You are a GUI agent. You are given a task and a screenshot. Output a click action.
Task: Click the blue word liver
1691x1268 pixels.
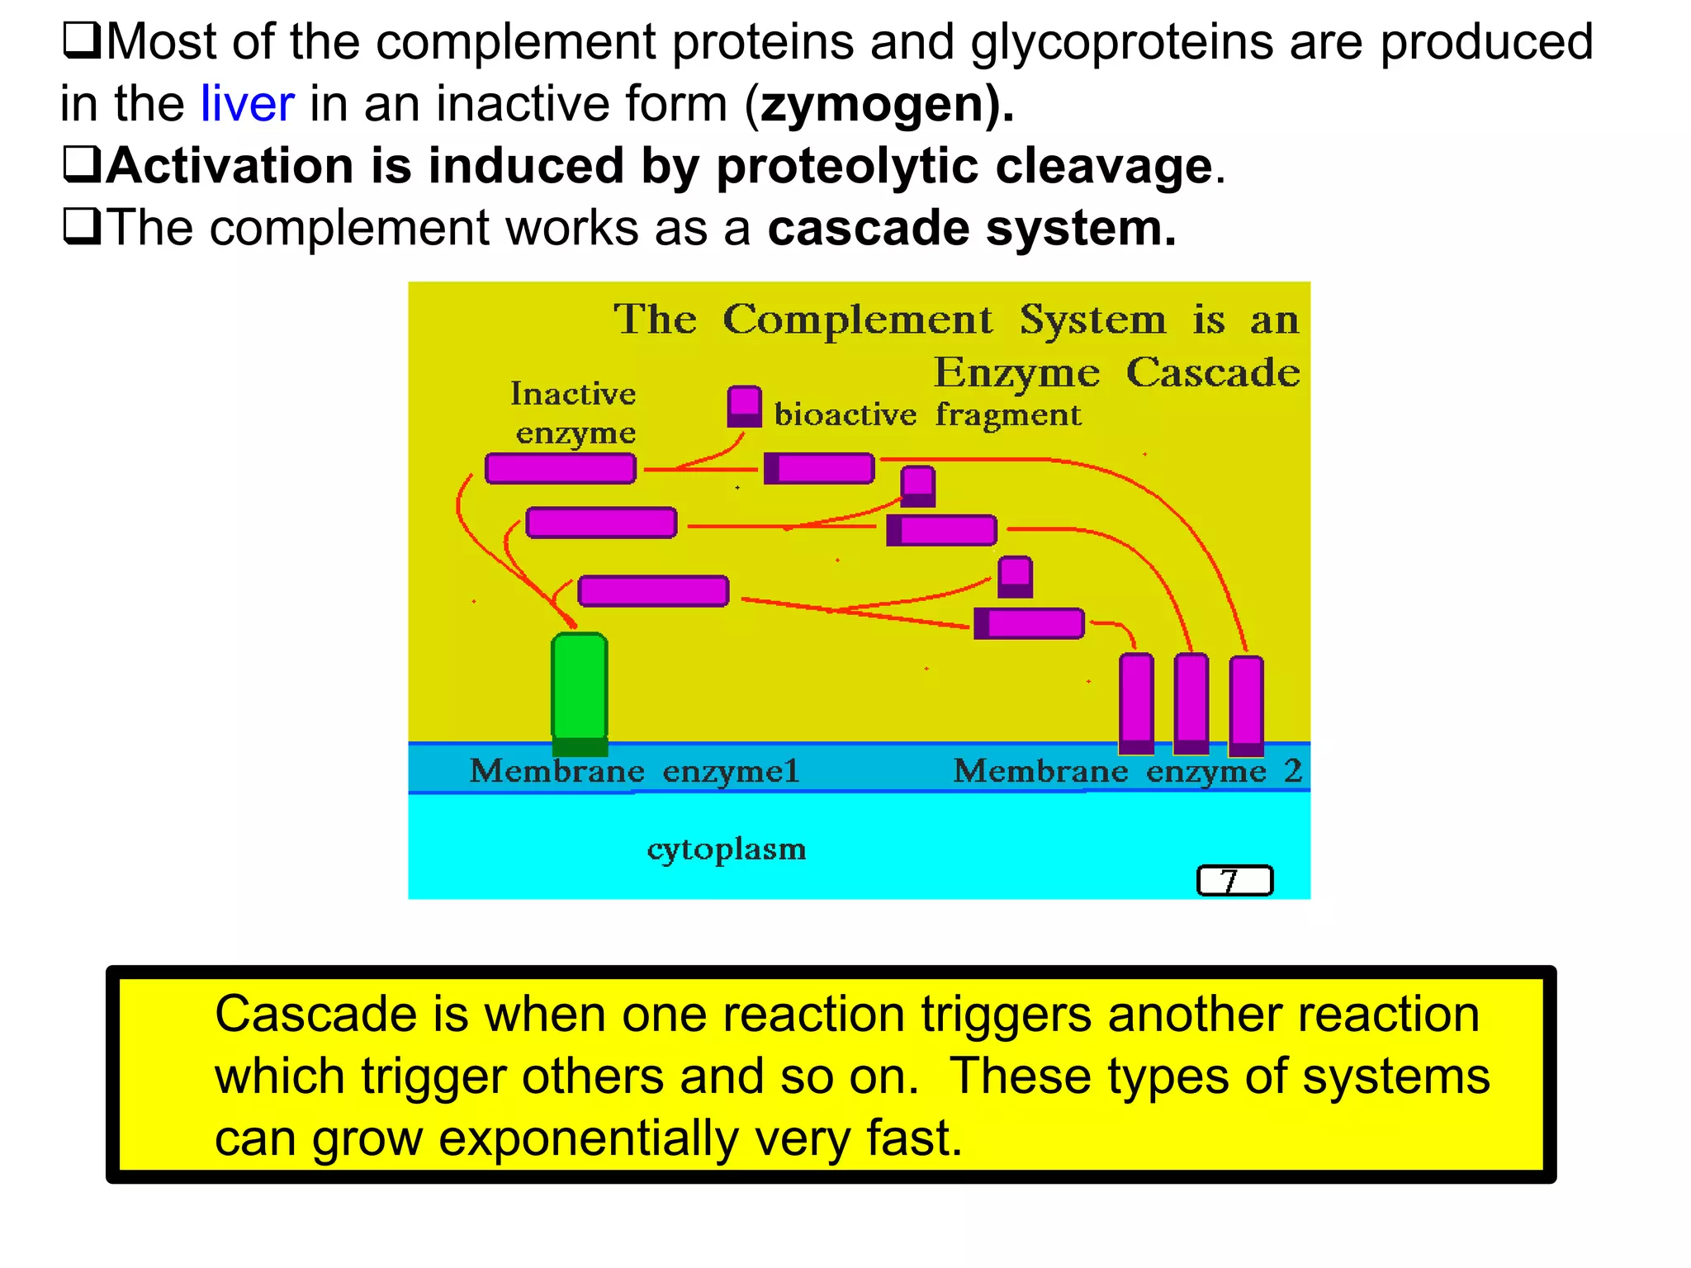pos(247,104)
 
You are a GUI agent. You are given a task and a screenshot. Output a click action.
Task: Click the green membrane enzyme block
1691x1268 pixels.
pos(580,689)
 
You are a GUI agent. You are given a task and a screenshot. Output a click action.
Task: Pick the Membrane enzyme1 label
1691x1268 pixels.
pos(634,771)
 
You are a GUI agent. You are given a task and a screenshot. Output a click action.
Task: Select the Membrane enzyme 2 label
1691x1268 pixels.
pos(1126,771)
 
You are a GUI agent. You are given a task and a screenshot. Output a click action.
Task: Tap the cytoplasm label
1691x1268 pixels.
pos(726,849)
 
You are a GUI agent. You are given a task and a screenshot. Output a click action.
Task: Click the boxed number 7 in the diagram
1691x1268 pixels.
pos(1234,881)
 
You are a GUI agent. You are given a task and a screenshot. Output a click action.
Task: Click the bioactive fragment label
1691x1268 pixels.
pos(926,414)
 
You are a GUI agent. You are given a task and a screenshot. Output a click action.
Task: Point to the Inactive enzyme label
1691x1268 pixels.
pos(574,413)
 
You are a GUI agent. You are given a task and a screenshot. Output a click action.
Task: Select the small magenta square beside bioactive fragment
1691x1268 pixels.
pos(744,406)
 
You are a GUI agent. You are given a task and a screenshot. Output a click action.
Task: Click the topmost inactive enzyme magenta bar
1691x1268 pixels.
pos(561,468)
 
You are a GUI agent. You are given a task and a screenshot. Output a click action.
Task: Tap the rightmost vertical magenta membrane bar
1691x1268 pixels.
pos(1246,705)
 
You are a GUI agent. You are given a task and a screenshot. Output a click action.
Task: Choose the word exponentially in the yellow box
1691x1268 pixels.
pos(588,1139)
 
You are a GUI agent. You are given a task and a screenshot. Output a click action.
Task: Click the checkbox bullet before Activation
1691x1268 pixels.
pos(82,164)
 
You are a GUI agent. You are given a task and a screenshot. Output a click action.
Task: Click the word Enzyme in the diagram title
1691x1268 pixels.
pos(1016,373)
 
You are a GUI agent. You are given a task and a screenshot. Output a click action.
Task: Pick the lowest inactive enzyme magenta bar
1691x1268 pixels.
pos(653,591)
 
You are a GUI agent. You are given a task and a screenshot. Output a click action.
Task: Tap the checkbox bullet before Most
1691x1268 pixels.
pos(82,40)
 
